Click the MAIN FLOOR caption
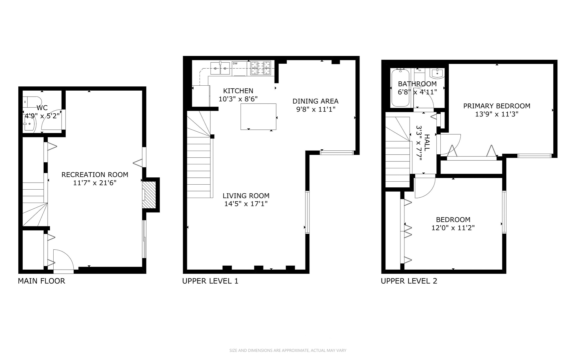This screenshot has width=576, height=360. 41,281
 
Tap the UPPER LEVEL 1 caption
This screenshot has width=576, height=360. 210,281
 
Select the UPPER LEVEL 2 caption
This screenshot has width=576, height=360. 409,281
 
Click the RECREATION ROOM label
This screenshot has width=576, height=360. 95,175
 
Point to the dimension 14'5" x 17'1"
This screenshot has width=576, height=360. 246,204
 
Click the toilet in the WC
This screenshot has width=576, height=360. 32,101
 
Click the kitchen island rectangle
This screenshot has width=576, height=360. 258,116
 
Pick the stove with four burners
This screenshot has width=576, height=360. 261,68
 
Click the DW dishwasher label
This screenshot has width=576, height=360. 235,63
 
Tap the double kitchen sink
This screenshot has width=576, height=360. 220,68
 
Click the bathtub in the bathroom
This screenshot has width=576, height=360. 400,88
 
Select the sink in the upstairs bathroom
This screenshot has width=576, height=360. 437,73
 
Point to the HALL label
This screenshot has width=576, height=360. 427,142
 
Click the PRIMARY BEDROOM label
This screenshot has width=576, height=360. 496,106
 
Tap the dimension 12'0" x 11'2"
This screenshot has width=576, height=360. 453,228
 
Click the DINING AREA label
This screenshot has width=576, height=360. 315,101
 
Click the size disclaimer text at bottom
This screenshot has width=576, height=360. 288,350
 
